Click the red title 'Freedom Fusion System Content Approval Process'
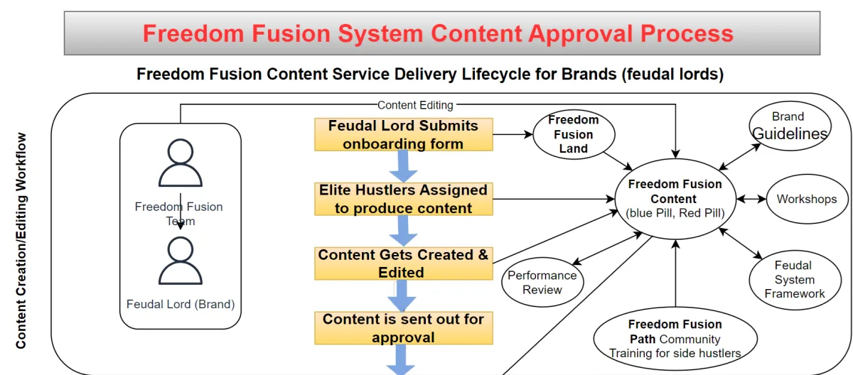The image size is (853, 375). click(438, 33)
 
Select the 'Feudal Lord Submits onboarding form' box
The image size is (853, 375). click(403, 134)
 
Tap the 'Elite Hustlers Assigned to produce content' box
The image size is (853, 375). click(403, 199)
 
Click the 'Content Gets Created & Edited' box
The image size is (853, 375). click(403, 263)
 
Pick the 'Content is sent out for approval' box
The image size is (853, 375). click(403, 328)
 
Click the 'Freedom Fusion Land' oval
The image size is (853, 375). click(573, 134)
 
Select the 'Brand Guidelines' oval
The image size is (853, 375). click(789, 126)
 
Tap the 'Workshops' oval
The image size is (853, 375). click(806, 199)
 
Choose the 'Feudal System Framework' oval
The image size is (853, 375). click(794, 279)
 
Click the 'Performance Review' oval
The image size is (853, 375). click(542, 282)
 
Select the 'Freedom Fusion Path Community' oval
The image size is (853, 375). click(675, 338)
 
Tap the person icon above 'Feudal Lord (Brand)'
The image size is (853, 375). click(180, 261)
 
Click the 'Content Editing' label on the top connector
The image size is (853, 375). click(415, 105)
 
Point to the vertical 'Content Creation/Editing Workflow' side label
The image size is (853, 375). click(21, 241)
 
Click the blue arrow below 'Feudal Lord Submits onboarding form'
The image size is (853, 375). click(403, 166)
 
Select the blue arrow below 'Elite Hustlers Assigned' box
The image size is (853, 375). click(403, 230)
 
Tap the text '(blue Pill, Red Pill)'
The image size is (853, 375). click(675, 213)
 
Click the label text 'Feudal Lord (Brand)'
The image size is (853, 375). click(181, 304)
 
